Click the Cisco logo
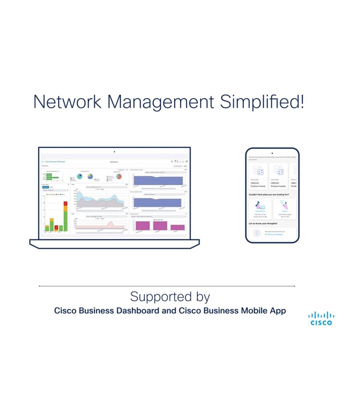[x=321, y=318]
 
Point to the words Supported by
[x=170, y=297]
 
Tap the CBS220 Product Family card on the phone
[x=258, y=176]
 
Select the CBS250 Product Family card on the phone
[x=278, y=176]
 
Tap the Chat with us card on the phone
[x=260, y=209]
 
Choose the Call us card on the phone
[x=284, y=209]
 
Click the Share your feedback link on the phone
[x=274, y=234]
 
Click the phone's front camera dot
[x=272, y=153]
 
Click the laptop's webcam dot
[x=114, y=152]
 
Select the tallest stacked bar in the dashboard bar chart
[x=65, y=216]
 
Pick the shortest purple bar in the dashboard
[x=178, y=227]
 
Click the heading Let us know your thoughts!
[x=263, y=224]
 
